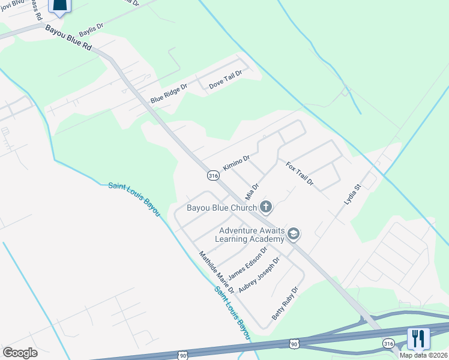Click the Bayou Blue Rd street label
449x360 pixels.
(68, 39)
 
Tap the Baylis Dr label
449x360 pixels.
(91, 28)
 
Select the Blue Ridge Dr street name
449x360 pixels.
(169, 94)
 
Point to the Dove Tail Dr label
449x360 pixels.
(225, 80)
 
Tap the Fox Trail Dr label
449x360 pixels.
(300, 174)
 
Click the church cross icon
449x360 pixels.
(266, 208)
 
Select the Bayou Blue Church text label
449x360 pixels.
(221, 208)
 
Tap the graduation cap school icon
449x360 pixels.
(294, 233)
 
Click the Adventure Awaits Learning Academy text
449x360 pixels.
(249, 235)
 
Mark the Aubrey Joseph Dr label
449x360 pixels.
(259, 275)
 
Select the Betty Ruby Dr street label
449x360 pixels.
(285, 303)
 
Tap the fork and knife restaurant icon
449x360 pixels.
(418, 338)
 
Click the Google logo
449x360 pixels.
(20, 353)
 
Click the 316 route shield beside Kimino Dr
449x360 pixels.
(213, 176)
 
